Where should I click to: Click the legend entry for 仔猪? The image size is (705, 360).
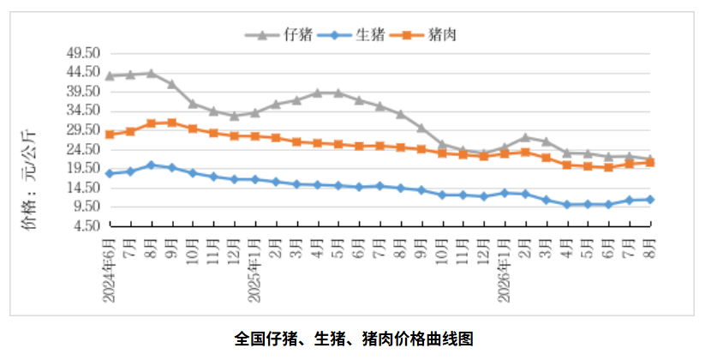(x=278, y=34)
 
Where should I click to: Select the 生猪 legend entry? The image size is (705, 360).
(x=351, y=34)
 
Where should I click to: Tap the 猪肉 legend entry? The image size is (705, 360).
(x=423, y=34)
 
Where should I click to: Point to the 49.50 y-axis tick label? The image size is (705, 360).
(x=83, y=53)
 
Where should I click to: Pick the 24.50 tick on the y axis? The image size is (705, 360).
(x=83, y=149)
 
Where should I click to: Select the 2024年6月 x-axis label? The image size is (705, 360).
(x=110, y=270)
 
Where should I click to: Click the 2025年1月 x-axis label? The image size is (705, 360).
(x=255, y=270)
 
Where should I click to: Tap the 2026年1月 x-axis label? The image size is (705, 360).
(x=505, y=270)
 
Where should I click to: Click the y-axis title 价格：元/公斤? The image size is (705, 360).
(x=31, y=181)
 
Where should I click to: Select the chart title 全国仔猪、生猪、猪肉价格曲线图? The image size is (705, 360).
(x=354, y=339)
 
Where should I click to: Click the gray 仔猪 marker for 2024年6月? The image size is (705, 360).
(x=110, y=75)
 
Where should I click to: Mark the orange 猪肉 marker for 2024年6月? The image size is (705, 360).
(x=110, y=135)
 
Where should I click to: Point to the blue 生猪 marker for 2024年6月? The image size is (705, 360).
(x=110, y=174)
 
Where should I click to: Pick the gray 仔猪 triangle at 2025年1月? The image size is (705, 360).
(x=255, y=112)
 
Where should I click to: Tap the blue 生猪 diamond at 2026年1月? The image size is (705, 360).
(x=505, y=193)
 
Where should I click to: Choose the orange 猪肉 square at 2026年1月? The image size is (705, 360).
(x=505, y=153)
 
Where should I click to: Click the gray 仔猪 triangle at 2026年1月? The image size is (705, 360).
(x=505, y=147)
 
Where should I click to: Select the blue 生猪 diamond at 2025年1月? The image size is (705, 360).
(x=255, y=179)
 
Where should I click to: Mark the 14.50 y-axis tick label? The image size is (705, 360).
(x=83, y=188)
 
